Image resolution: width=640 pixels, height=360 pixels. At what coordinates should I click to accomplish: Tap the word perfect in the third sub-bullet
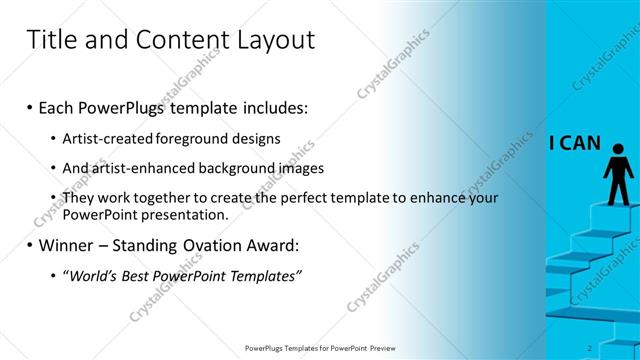point(318,199)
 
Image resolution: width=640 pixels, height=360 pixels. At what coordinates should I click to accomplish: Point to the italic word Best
point(144,276)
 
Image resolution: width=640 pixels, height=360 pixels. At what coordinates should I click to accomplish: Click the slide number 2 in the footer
point(590,348)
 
